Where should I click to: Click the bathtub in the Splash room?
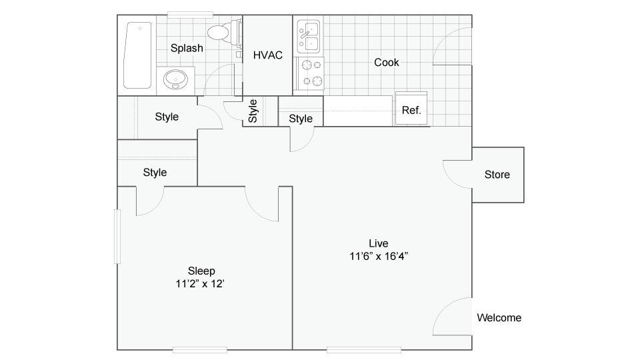click(138, 56)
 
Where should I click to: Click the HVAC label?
click(267, 55)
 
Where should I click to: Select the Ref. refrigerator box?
click(411, 109)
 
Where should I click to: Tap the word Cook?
click(387, 62)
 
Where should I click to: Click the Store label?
click(497, 175)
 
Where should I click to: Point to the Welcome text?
click(499, 318)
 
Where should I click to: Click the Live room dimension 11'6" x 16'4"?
click(379, 256)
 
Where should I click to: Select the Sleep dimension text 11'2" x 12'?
click(201, 283)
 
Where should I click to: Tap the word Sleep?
click(201, 271)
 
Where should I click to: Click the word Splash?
click(187, 48)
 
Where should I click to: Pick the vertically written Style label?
click(253, 111)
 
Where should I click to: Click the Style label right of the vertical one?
click(301, 119)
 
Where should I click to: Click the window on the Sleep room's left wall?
click(116, 237)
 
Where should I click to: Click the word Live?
click(378, 243)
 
